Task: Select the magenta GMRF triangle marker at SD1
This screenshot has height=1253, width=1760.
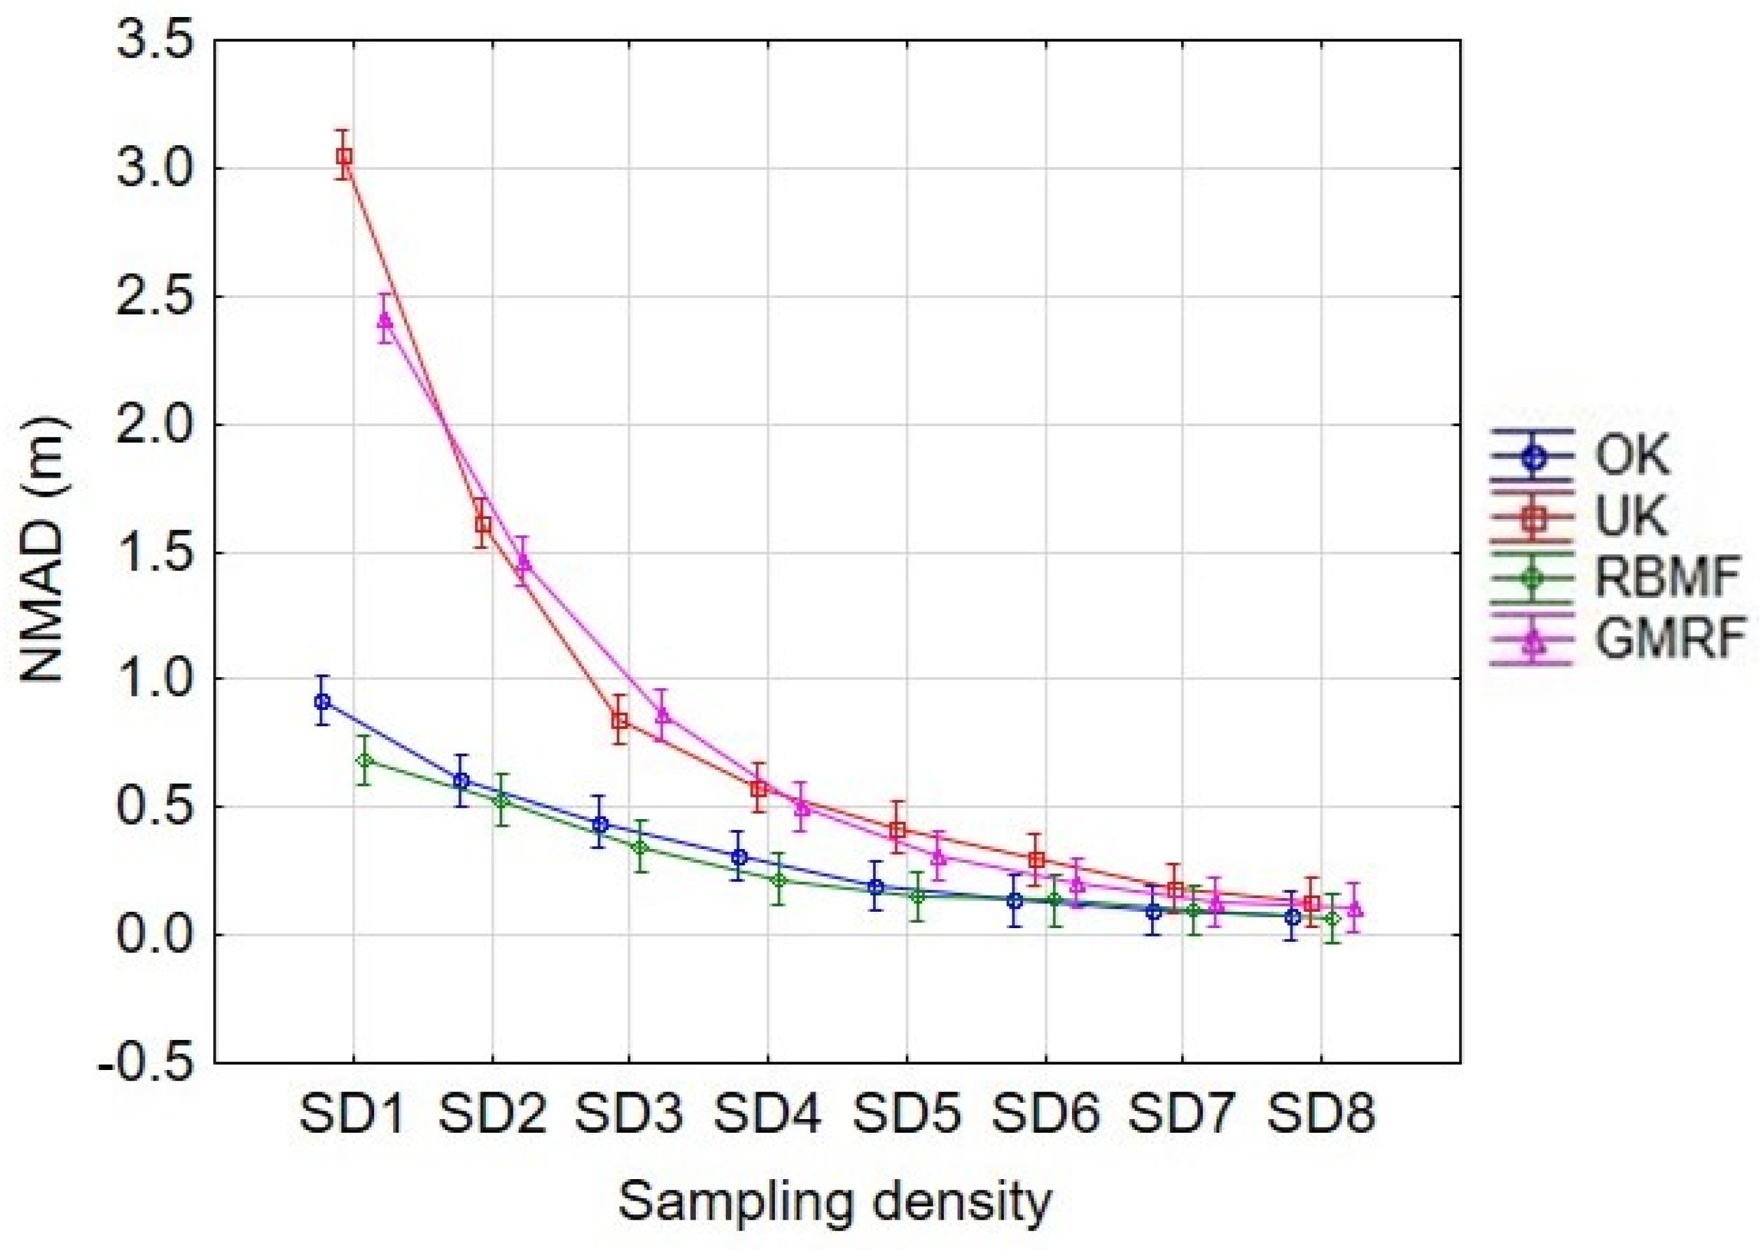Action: (x=385, y=320)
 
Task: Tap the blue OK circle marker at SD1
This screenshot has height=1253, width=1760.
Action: (x=322, y=701)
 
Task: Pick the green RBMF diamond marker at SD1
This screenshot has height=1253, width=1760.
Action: (x=365, y=761)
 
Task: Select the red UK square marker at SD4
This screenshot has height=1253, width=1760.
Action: (x=759, y=788)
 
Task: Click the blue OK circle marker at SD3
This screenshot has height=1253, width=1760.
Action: (x=600, y=824)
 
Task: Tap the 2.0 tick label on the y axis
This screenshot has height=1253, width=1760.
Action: (x=154, y=424)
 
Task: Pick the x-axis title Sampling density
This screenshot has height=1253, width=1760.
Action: (x=835, y=1201)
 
